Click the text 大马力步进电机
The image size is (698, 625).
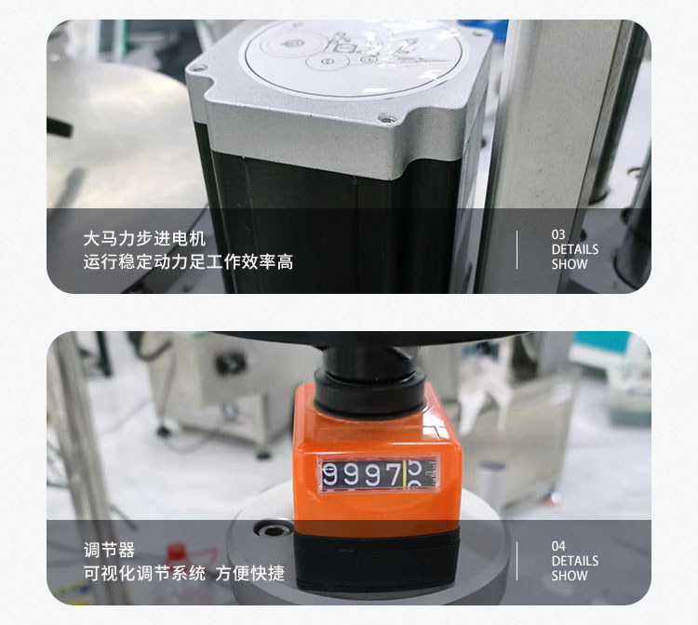tap(143, 239)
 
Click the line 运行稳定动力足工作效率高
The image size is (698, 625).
tap(188, 262)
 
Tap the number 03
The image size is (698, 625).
tap(558, 234)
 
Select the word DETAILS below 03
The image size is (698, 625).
tap(574, 249)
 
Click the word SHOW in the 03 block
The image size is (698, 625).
tap(570, 264)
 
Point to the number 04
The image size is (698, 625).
tap(558, 546)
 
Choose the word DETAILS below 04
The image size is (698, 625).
tap(574, 561)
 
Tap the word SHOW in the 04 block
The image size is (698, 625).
tap(570, 576)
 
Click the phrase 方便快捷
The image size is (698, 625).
tap(250, 574)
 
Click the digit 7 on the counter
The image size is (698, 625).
tap(393, 476)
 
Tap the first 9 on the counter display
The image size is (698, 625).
tap(331, 476)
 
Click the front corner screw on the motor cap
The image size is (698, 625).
tap(384, 117)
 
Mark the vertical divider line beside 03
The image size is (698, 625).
tap(517, 249)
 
